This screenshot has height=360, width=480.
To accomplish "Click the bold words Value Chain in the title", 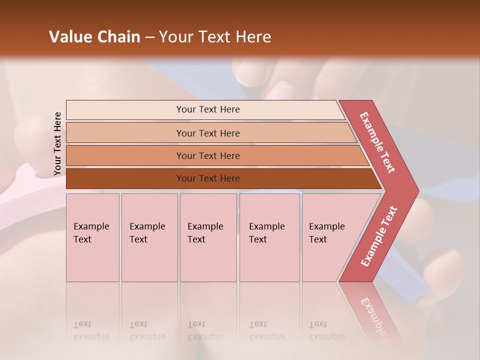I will pos(94,37).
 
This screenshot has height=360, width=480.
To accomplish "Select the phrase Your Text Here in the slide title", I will pos(215,37).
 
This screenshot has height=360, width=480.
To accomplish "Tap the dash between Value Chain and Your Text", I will pos(149,37).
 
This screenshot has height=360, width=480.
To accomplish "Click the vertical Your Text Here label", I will pos(57,143).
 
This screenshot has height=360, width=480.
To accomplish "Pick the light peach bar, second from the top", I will pos(208,133).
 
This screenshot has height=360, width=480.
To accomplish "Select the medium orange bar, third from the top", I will pos(208,155).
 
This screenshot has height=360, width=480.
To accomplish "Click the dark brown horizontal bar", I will pos(208,178).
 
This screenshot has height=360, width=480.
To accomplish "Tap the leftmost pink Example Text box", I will pos(92,237).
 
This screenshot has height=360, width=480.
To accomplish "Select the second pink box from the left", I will pos(149,237).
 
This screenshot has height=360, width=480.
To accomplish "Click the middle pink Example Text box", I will pos(208,237).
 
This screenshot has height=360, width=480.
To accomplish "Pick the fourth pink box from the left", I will pos(269,237).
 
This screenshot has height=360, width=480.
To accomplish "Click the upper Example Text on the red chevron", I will pos(378,142).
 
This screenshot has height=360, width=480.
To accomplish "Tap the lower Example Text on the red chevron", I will pos(379,236).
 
